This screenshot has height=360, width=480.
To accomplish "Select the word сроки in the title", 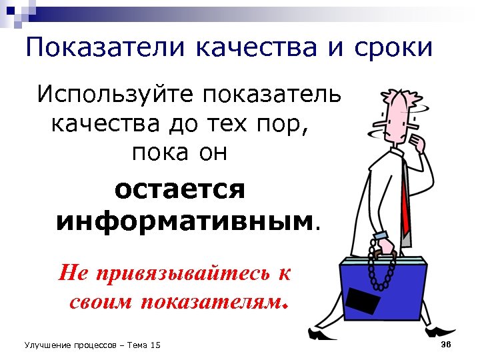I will (x=393, y=48).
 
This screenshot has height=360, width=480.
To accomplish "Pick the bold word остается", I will (x=180, y=189).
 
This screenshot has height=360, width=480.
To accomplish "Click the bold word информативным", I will (x=184, y=219).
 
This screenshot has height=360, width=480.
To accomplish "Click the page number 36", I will (x=447, y=343).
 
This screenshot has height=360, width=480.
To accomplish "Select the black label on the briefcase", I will (x=363, y=303).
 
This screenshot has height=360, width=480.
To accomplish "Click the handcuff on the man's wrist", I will (x=381, y=237).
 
